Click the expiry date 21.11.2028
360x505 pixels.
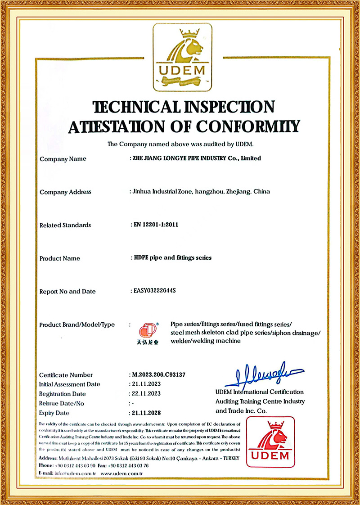click(x=146, y=413)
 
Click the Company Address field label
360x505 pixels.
click(x=65, y=192)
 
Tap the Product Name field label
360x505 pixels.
click(x=60, y=258)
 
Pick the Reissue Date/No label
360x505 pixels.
click(x=62, y=403)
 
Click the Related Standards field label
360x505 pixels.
click(x=65, y=225)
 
